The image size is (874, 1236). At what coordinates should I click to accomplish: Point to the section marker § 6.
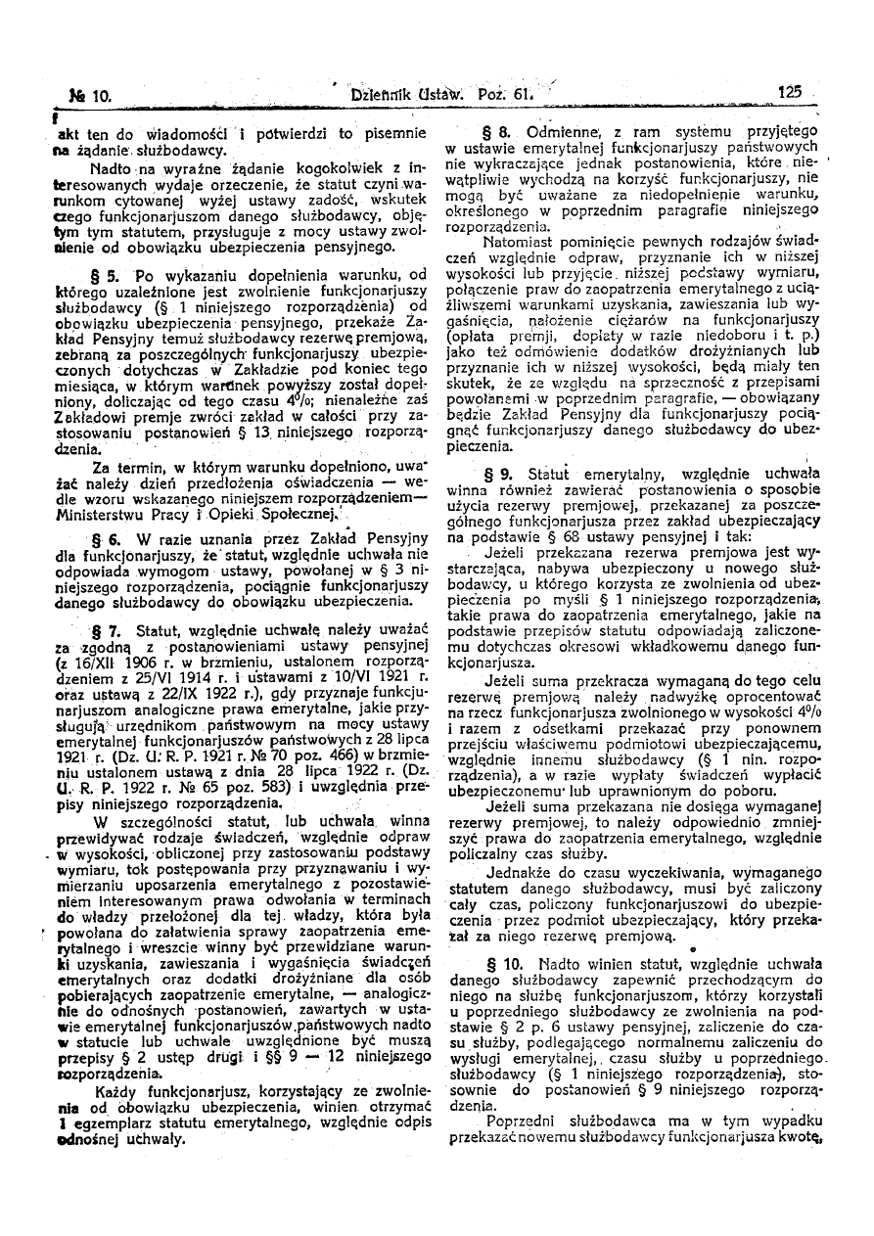106,538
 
